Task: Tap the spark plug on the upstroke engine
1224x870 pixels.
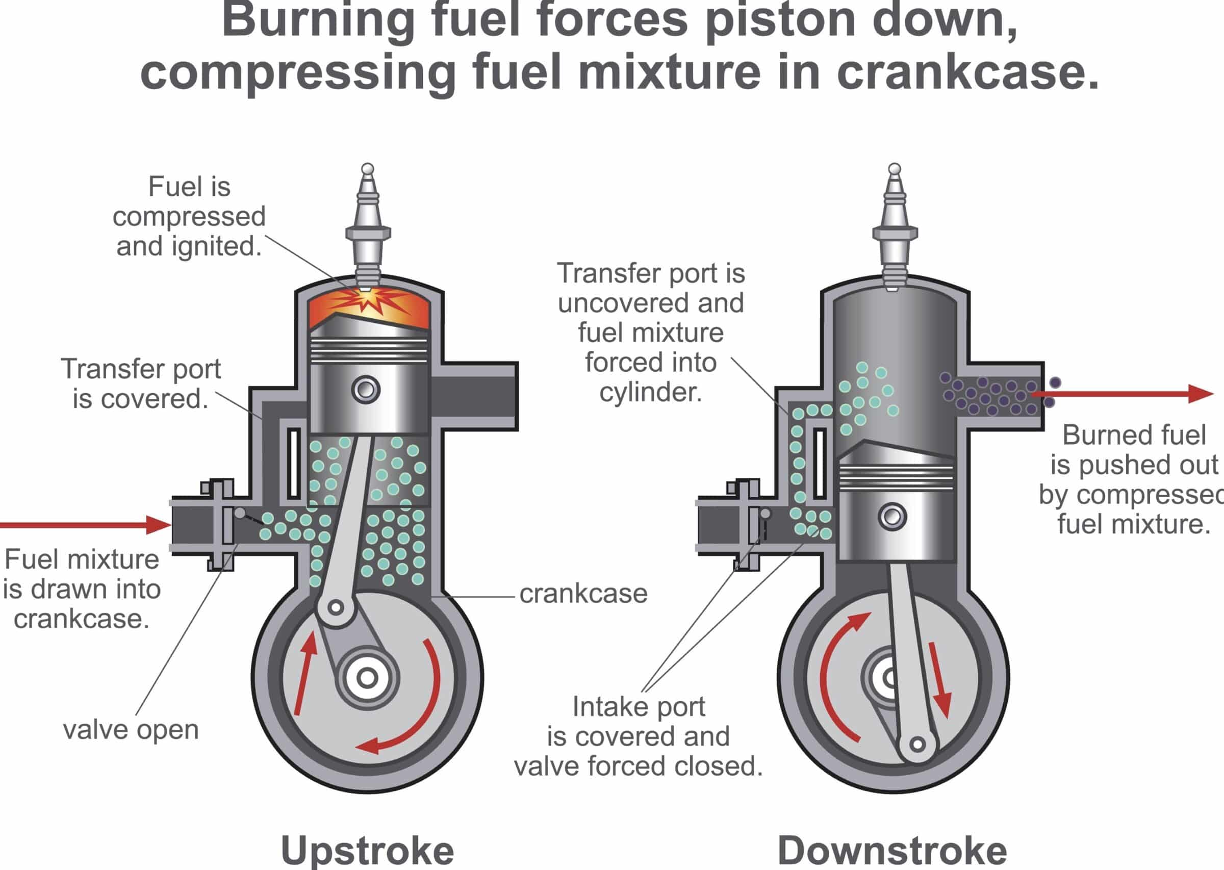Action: [368, 225]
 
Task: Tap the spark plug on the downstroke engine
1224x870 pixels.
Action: [894, 225]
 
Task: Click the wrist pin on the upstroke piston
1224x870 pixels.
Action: [366, 389]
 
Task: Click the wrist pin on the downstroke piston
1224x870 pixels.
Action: [892, 517]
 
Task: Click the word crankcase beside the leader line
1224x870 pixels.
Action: [583, 594]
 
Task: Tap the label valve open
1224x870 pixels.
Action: [131, 729]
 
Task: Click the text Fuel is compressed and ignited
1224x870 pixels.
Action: [189, 216]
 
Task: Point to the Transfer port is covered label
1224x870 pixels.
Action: [141, 383]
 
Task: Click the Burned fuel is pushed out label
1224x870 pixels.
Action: [1133, 479]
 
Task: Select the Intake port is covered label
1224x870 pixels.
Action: [639, 736]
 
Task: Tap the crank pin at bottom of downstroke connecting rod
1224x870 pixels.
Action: [917, 744]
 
